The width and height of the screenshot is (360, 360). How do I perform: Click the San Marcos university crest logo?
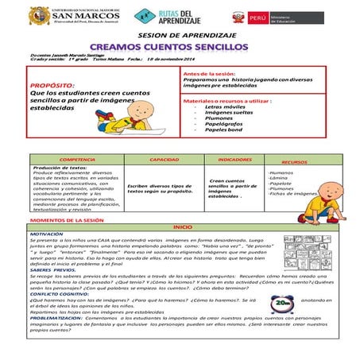point(38,17)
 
